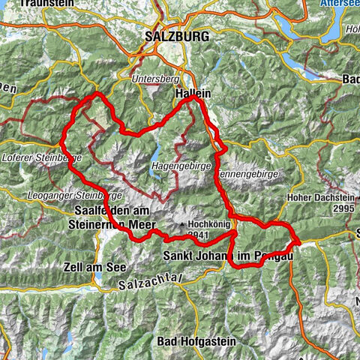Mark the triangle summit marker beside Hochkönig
(x=181, y=223)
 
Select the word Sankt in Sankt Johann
(x=178, y=257)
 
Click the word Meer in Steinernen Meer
(x=140, y=224)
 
